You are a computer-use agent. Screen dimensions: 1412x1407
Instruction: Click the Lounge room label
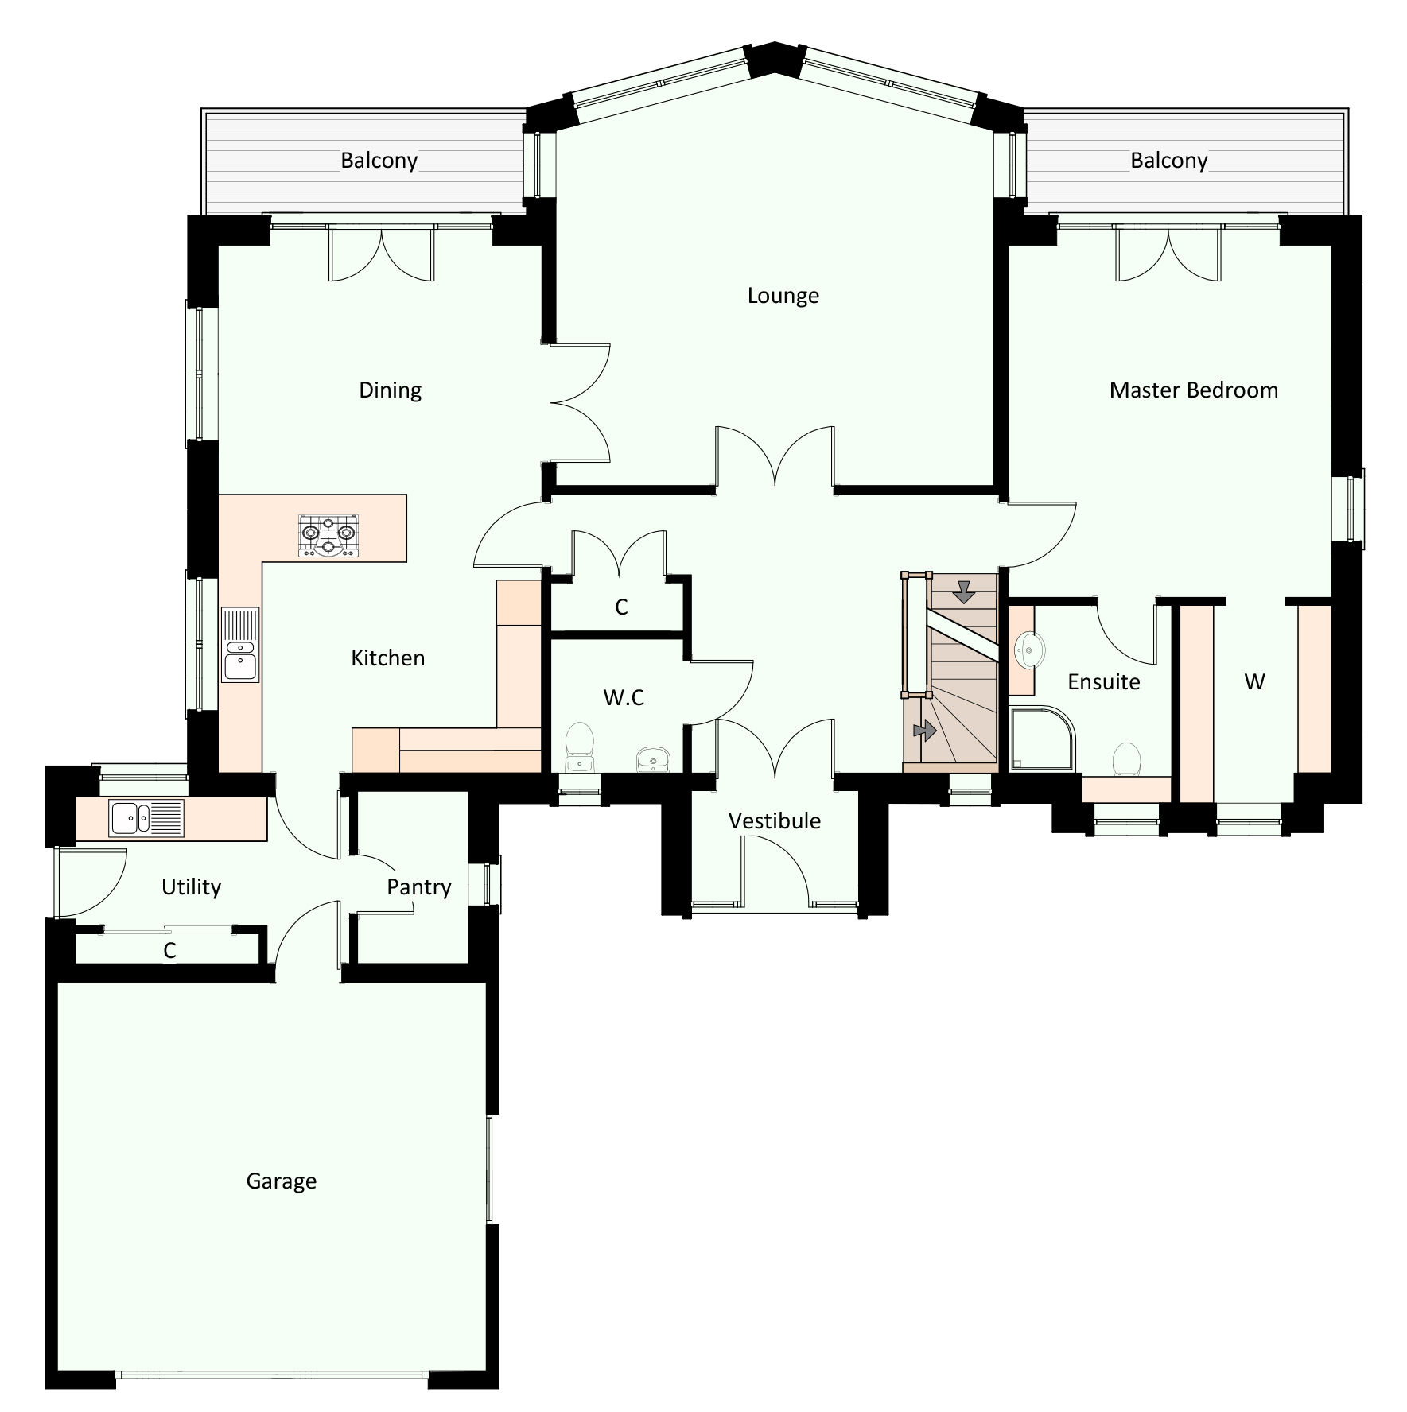coord(783,296)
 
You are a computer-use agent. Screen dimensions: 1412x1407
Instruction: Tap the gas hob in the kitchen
coord(328,535)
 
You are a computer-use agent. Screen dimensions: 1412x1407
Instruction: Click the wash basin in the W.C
coord(654,759)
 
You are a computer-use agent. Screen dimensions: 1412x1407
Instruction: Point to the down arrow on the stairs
coord(964,592)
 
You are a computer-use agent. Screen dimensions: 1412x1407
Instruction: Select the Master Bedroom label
coord(1193,390)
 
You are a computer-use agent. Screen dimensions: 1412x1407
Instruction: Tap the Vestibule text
coord(774,820)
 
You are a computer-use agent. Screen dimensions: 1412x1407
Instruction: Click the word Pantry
coord(419,886)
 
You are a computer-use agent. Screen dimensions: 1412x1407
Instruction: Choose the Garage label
coord(281,1181)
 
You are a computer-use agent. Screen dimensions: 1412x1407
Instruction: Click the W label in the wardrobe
coord(1254,681)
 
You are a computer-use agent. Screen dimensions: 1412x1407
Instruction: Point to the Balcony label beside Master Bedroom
coord(1168,161)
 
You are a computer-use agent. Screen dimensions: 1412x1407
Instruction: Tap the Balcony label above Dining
coord(379,161)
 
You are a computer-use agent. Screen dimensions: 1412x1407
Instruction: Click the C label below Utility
coord(169,950)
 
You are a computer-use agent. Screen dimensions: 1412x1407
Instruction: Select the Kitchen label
coord(387,658)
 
